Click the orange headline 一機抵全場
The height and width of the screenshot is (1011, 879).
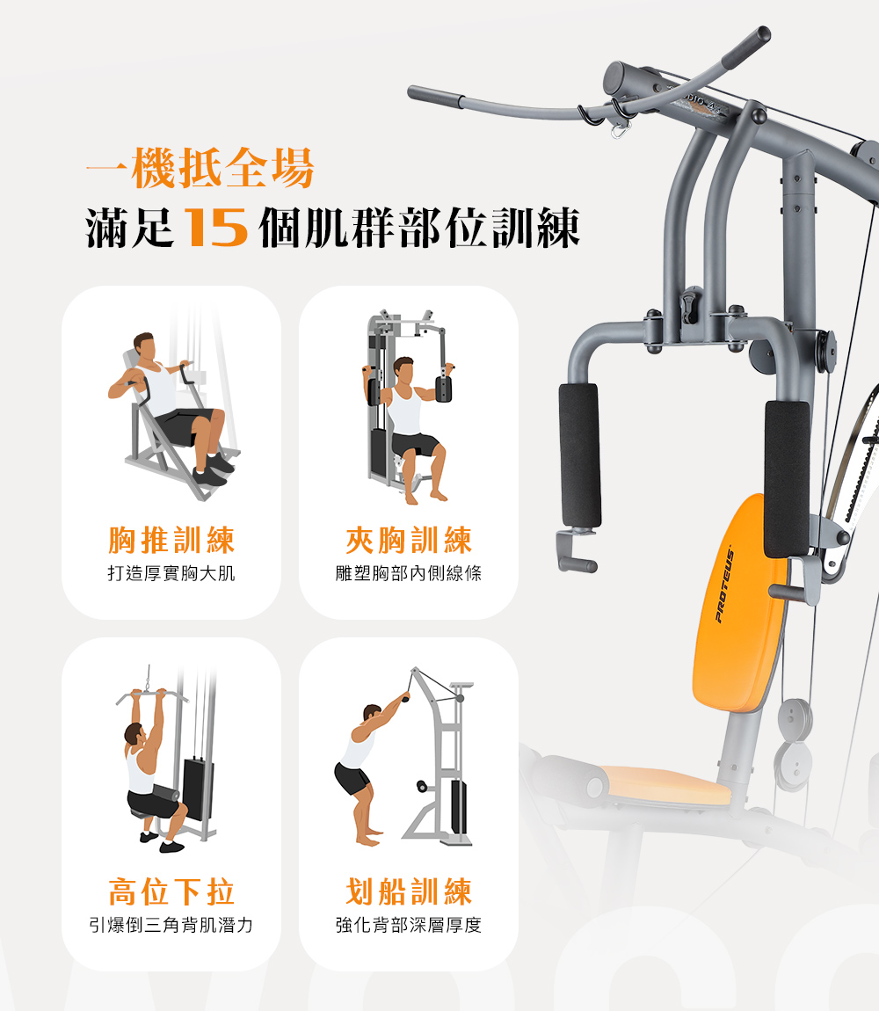click(200, 168)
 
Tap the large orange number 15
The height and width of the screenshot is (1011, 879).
click(216, 229)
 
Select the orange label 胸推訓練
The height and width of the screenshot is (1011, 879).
click(171, 541)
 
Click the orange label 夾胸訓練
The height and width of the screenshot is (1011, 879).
click(409, 541)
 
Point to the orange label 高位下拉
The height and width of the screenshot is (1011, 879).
click(171, 891)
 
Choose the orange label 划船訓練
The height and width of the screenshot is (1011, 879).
click(409, 891)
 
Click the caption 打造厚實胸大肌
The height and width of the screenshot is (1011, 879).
click(171, 573)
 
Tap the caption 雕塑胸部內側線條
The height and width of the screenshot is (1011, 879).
click(409, 573)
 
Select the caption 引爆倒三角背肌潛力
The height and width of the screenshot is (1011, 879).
click(171, 925)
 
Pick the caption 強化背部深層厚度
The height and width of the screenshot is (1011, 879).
click(409, 925)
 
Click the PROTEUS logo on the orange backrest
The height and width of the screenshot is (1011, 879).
click(724, 586)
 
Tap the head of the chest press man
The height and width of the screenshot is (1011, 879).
click(145, 347)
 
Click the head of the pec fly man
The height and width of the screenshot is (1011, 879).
click(403, 371)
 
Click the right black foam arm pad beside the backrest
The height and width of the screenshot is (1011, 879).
click(787, 480)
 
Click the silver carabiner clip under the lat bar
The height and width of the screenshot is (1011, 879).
click(621, 132)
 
